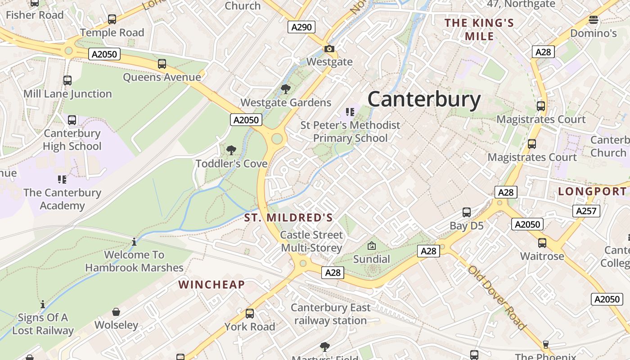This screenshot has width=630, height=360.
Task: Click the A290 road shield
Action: pyautogui.click(x=301, y=27)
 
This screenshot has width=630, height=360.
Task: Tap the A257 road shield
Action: pyautogui.click(x=586, y=211)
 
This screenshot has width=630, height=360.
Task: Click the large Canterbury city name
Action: pyautogui.click(x=424, y=99)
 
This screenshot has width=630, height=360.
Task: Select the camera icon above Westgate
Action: pyautogui.click(x=329, y=49)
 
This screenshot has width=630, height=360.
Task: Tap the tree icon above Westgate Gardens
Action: pyautogui.click(x=285, y=89)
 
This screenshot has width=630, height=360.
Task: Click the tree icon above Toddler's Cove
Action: pyautogui.click(x=231, y=150)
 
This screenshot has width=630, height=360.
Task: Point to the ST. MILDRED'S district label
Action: pyautogui.click(x=288, y=218)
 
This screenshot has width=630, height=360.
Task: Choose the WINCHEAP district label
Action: pyautogui.click(x=211, y=284)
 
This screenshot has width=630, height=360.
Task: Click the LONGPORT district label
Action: pyautogui.click(x=592, y=191)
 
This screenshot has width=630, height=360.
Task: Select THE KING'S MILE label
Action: pyautogui.click(x=479, y=29)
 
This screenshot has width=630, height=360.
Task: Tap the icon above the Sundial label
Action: pyautogui.click(x=372, y=246)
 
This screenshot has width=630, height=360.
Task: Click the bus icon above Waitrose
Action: pyautogui.click(x=542, y=243)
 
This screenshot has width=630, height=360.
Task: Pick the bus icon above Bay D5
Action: pyautogui.click(x=467, y=212)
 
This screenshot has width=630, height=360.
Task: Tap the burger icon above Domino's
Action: pyautogui.click(x=594, y=20)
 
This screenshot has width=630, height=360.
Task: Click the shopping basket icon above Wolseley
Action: pyautogui.click(x=116, y=312)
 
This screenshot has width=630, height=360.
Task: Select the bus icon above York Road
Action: pyautogui.click(x=250, y=314)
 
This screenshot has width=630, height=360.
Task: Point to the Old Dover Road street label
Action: pyautogui.click(x=497, y=297)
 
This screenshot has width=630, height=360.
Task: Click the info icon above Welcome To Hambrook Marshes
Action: pyautogui.click(x=134, y=242)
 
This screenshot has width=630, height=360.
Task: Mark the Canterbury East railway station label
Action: pyautogui.click(x=331, y=314)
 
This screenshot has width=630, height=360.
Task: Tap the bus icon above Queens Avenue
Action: pyautogui.click(x=162, y=64)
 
